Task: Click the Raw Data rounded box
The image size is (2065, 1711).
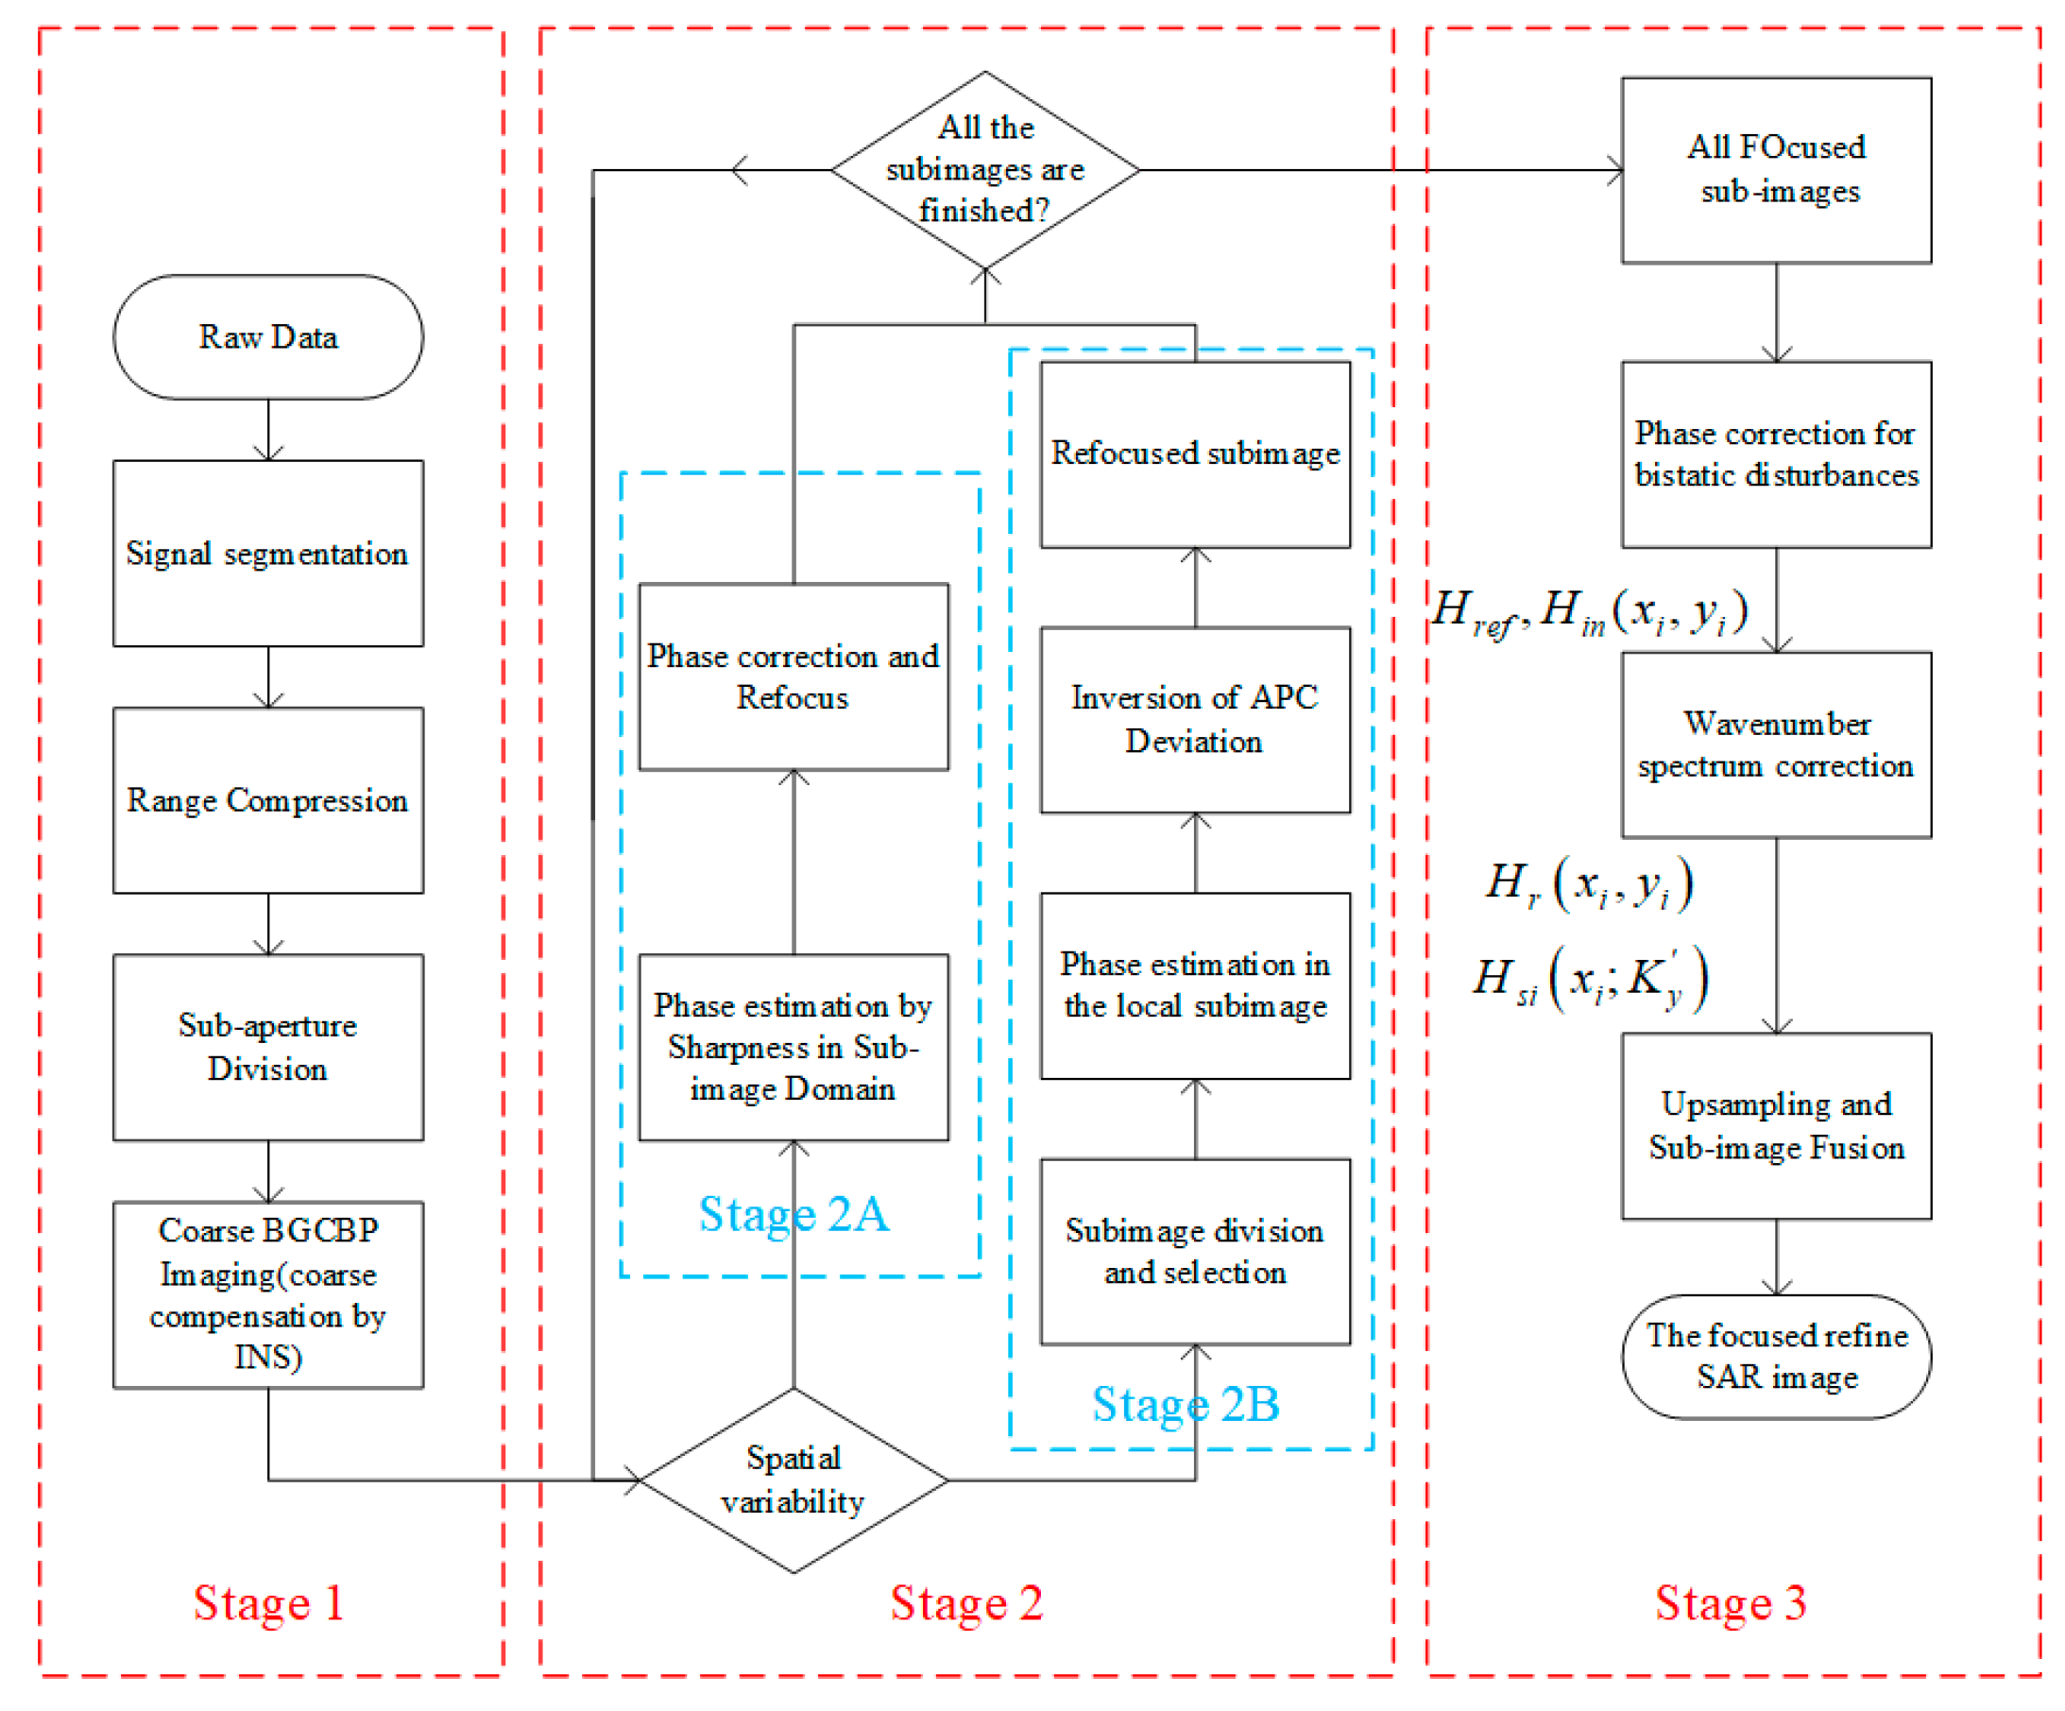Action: pyautogui.click(x=267, y=337)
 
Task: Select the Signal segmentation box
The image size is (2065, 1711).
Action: pyautogui.click(x=267, y=554)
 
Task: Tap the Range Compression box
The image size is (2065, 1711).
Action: pyautogui.click(x=267, y=800)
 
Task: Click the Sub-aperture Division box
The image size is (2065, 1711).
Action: pyautogui.click(x=267, y=1047)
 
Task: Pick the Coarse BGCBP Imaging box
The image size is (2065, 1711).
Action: pyautogui.click(x=267, y=1294)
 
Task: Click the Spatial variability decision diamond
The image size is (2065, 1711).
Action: pyautogui.click(x=793, y=1479)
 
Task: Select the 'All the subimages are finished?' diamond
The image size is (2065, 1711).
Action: pyautogui.click(x=984, y=170)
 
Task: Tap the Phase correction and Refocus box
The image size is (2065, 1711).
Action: pyautogui.click(x=793, y=676)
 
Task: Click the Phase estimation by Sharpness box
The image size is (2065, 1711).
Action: pyautogui.click(x=793, y=1047)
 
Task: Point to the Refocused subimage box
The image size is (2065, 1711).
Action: pyautogui.click(x=1195, y=454)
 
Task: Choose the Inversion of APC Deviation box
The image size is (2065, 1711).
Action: pyautogui.click(x=1195, y=720)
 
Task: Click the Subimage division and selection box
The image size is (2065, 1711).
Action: pyautogui.click(x=1195, y=1252)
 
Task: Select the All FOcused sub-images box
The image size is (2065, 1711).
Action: pyautogui.click(x=1776, y=170)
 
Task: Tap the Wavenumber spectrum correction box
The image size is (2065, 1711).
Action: pyautogui.click(x=1776, y=744)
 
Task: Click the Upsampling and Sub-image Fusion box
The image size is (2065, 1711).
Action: pyautogui.click(x=1776, y=1126)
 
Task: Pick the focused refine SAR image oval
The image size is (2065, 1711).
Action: pyautogui.click(x=1776, y=1356)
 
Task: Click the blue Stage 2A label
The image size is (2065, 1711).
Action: pyautogui.click(x=793, y=1214)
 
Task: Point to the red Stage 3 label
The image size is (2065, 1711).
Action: pyautogui.click(x=1730, y=1604)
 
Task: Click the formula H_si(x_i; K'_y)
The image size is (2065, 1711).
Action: pyautogui.click(x=1589, y=979)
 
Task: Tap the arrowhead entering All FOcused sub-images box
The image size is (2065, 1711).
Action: pyautogui.click(x=1613, y=170)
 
